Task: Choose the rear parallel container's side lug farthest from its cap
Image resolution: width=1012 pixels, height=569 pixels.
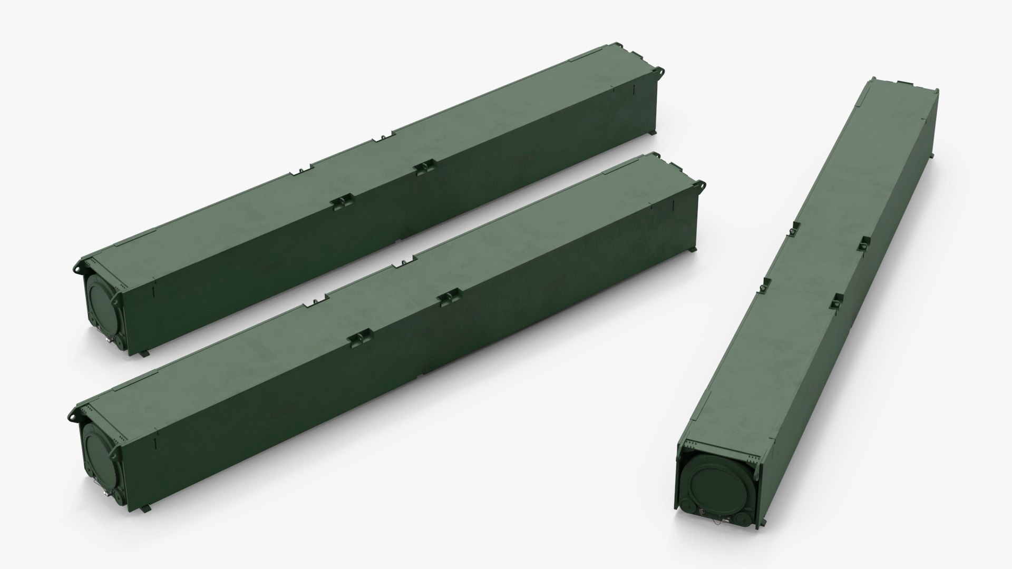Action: click(x=422, y=168)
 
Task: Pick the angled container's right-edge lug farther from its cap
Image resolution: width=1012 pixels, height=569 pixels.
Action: click(x=864, y=243)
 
